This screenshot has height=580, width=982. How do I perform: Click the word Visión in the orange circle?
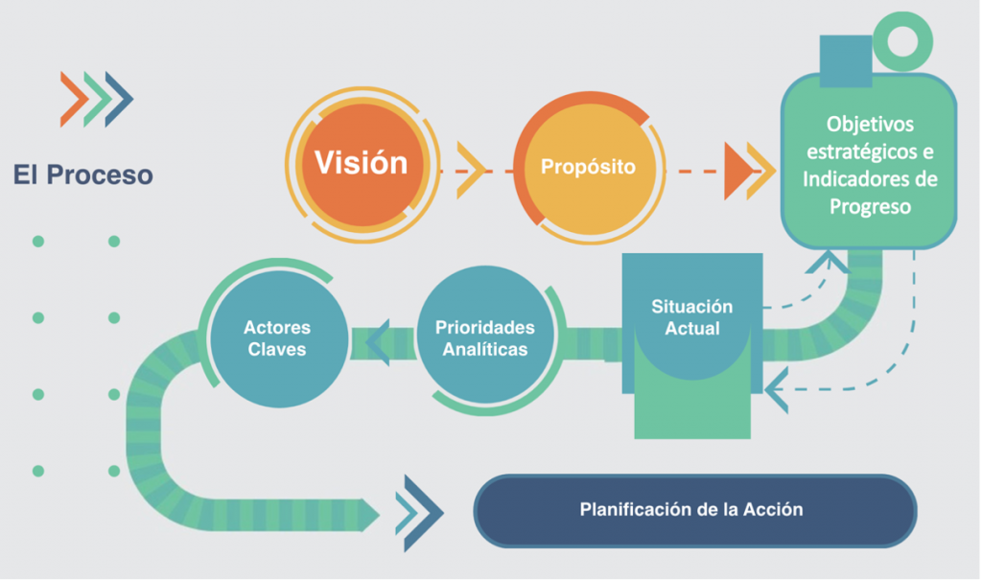(362, 162)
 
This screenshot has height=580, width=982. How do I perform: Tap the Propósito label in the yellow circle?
(588, 166)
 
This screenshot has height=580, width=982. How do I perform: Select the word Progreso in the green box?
(870, 206)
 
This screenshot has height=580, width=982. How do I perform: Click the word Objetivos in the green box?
(870, 125)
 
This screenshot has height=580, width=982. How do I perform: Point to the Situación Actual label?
(691, 317)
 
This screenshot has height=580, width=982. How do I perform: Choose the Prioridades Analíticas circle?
(484, 337)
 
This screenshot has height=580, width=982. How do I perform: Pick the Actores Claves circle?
(276, 337)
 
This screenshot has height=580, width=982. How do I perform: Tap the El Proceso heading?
(82, 175)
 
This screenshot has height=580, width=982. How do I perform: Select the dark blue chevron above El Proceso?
(119, 99)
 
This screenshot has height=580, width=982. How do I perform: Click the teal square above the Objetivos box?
(845, 61)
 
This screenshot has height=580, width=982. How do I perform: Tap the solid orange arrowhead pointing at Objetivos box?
(737, 171)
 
